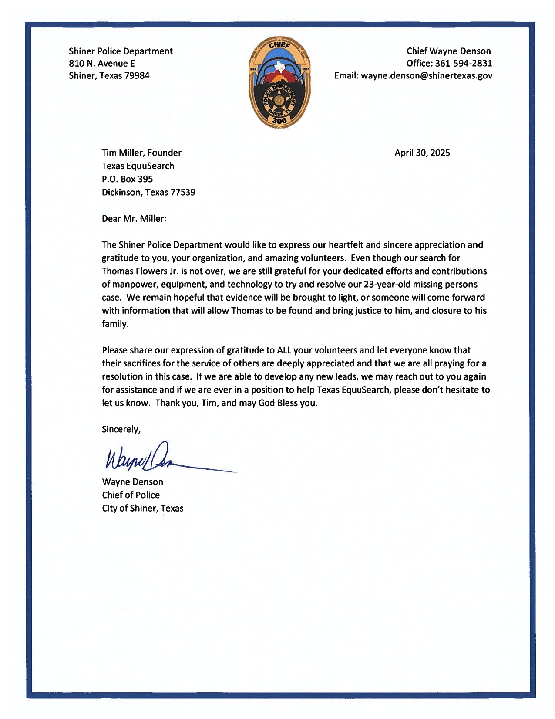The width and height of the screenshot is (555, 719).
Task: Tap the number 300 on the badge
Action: click(279, 121)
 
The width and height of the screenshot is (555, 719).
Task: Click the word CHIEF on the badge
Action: click(279, 45)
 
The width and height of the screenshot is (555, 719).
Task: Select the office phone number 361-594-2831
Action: click(464, 64)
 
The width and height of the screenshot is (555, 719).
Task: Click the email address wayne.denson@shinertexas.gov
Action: click(427, 76)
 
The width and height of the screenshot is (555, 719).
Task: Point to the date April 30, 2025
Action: click(422, 153)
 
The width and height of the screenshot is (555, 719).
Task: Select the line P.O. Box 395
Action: click(127, 179)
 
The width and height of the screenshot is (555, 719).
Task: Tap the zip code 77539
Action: click(182, 192)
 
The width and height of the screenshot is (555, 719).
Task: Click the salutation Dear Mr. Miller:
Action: click(134, 219)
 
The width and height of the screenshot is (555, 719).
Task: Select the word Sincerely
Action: click(120, 430)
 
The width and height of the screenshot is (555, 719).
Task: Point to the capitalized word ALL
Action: click(284, 350)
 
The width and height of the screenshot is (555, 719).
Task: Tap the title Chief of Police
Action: click(131, 495)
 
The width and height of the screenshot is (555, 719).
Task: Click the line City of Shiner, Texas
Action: click(142, 509)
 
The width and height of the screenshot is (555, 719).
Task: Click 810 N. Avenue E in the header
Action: click(102, 64)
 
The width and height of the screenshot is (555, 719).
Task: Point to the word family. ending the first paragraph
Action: click(115, 324)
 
